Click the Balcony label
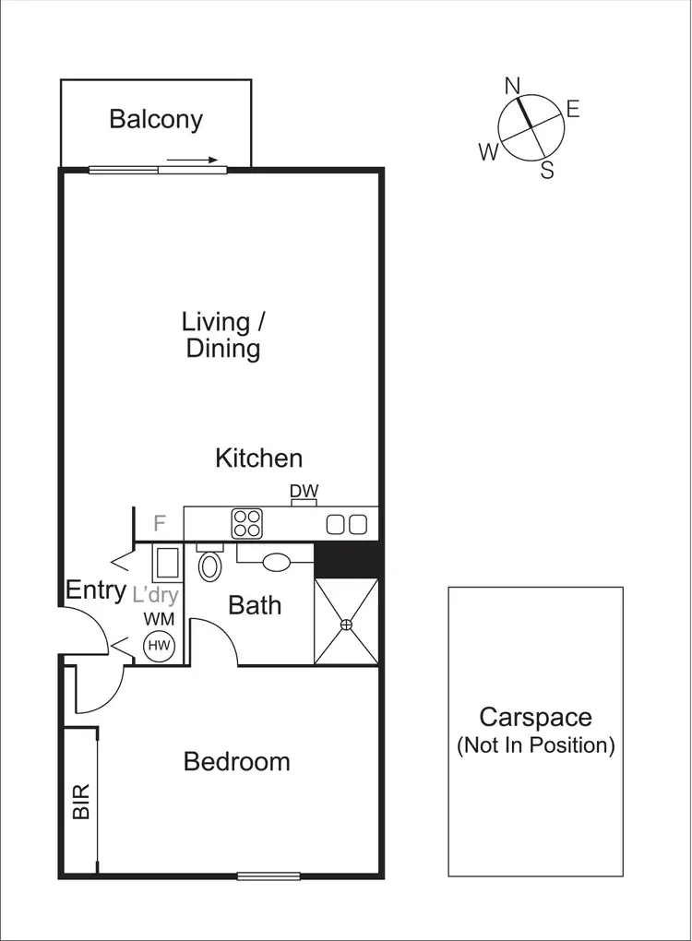point(155,119)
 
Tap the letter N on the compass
point(513,86)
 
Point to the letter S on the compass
point(547,171)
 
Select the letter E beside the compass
point(573,110)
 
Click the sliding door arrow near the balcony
point(193,160)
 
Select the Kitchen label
point(258,458)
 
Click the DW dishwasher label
point(304,492)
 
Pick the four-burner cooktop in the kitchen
point(246,523)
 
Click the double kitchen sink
point(347,524)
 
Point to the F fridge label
point(160,523)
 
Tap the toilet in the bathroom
point(210,565)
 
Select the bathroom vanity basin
point(277,561)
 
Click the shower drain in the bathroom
point(347,625)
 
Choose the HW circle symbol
point(160,646)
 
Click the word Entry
point(95,590)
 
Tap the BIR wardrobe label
point(81,802)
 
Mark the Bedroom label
point(236,761)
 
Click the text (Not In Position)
point(535,745)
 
